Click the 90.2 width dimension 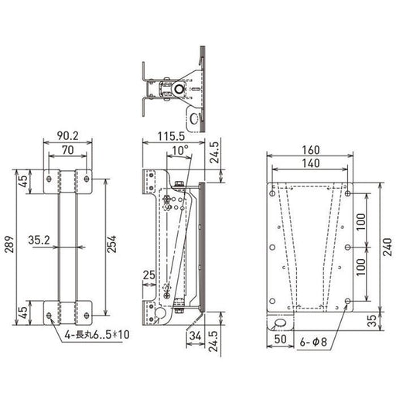coord(68,136)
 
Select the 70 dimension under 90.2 coord(68,150)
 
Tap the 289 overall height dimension coord(9,244)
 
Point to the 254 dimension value coord(112,244)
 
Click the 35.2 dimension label coord(39,241)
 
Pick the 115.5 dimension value coord(171,136)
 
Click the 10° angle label coord(180,150)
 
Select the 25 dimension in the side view coord(149,275)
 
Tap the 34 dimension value coord(195,336)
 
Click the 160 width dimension coord(311,150)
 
